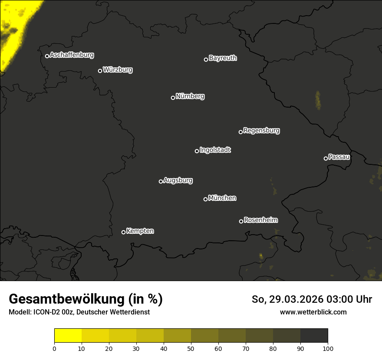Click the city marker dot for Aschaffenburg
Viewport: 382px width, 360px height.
pyautogui.click(x=47, y=56)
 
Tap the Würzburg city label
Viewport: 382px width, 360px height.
pyautogui.click(x=118, y=70)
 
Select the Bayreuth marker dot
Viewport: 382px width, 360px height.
pyautogui.click(x=206, y=59)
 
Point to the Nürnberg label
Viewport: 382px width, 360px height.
pyautogui.click(x=190, y=96)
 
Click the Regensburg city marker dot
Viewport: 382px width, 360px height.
pyautogui.click(x=240, y=132)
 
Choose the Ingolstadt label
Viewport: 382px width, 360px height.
pyautogui.click(x=215, y=150)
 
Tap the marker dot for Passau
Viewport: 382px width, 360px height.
pyautogui.click(x=326, y=158)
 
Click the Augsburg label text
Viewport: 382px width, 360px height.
pyautogui.click(x=178, y=180)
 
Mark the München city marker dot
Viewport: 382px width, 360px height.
pyautogui.click(x=205, y=199)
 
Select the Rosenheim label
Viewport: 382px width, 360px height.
pyautogui.click(x=261, y=220)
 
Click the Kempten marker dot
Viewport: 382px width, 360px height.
pyautogui.click(x=123, y=232)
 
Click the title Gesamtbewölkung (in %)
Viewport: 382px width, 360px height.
pyautogui.click(x=86, y=299)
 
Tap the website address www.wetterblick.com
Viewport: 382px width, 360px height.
pyautogui.click(x=313, y=312)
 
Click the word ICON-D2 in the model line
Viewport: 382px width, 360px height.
pyautogui.click(x=43, y=312)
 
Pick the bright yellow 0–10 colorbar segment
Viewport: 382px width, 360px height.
pyautogui.click(x=68, y=336)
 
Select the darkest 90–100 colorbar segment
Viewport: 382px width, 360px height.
pyautogui.click(x=314, y=336)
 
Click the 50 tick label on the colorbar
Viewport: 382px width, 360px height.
pyautogui.click(x=191, y=348)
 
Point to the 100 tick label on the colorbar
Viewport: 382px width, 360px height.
pyautogui.click(x=328, y=348)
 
